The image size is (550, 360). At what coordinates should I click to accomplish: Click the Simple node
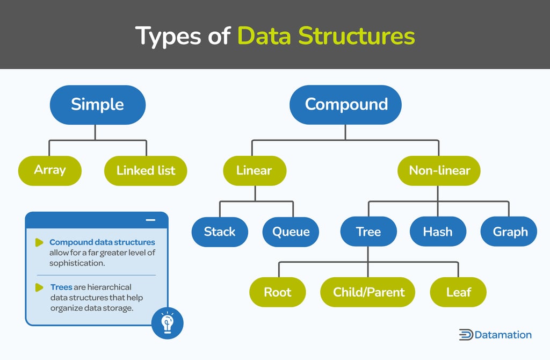pyautogui.click(x=97, y=104)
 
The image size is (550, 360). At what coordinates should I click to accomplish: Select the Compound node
pyautogui.click(x=346, y=104)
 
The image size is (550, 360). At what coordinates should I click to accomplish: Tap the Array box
pyautogui.click(x=49, y=170)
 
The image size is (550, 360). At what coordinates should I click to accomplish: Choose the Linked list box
pyautogui.click(x=146, y=171)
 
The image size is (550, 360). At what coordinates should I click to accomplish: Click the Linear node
pyautogui.click(x=254, y=171)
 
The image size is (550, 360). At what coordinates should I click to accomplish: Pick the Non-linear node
pyautogui.click(x=439, y=171)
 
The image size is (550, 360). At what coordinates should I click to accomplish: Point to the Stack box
pyautogui.click(x=220, y=232)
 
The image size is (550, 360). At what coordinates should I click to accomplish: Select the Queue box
pyautogui.click(x=291, y=232)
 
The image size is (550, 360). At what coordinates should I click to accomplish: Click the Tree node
pyautogui.click(x=368, y=232)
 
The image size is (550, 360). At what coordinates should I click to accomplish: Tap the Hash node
pyautogui.click(x=437, y=232)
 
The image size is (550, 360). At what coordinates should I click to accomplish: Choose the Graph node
pyautogui.click(x=510, y=232)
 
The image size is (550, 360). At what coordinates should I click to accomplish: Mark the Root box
pyautogui.click(x=277, y=292)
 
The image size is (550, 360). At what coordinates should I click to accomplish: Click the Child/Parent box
pyautogui.click(x=368, y=292)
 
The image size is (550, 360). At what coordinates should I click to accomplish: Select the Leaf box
pyautogui.click(x=458, y=292)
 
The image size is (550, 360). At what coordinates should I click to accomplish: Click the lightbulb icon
pyautogui.click(x=167, y=323)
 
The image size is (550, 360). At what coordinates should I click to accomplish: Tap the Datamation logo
pyautogui.click(x=495, y=335)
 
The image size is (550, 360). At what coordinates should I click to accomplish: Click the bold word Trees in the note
pyautogui.click(x=61, y=287)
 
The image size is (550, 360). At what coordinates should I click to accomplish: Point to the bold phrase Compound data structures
pyautogui.click(x=102, y=242)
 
